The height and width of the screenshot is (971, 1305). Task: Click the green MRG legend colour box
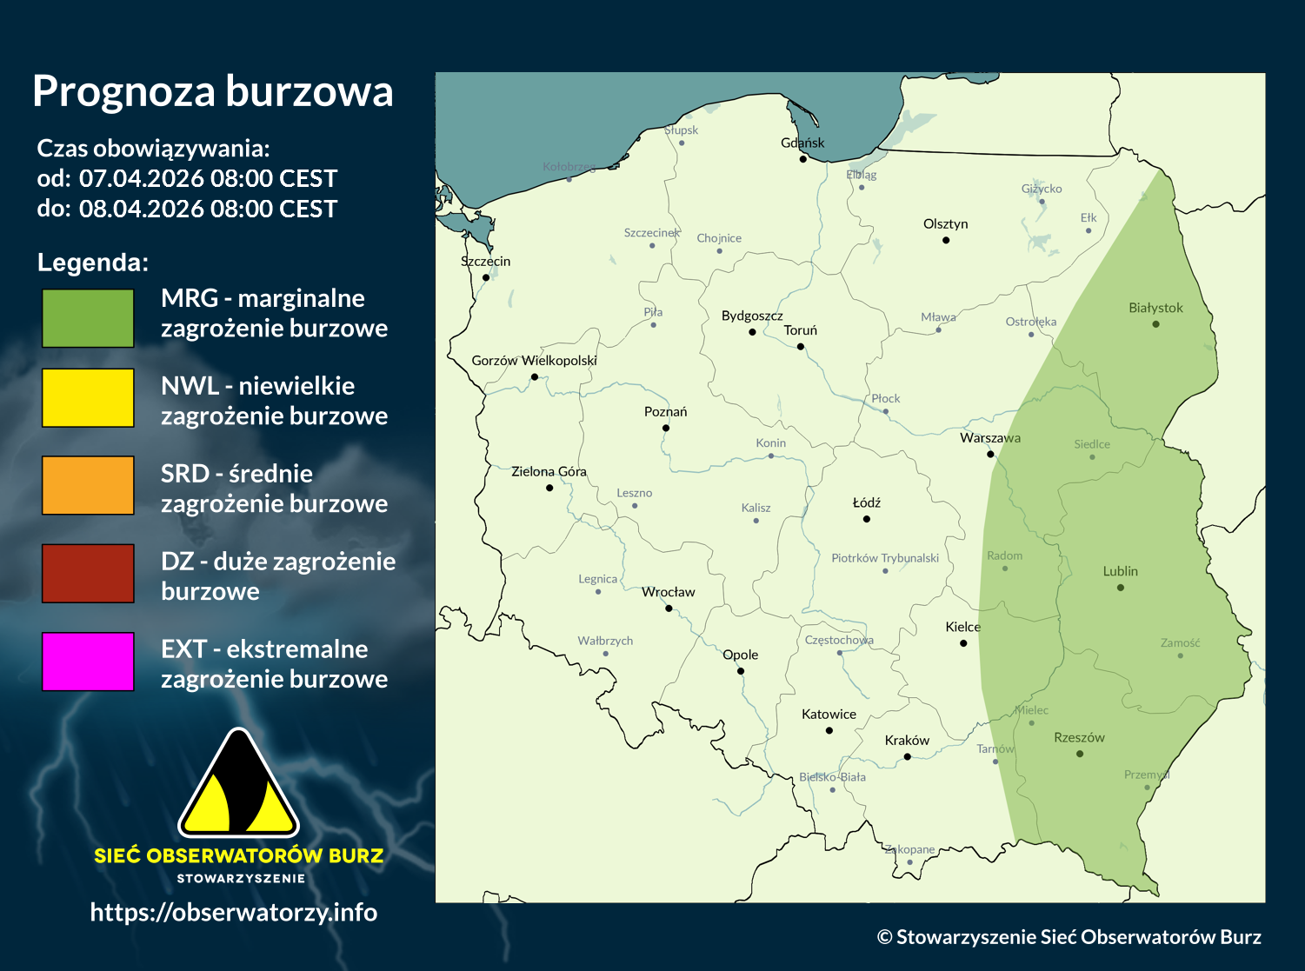tap(88, 318)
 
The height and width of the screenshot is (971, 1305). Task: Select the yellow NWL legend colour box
tap(88, 397)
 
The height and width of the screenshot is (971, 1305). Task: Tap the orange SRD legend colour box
tap(88, 485)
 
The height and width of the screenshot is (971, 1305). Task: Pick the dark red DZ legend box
tap(88, 573)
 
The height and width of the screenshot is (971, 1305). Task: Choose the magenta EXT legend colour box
tap(88, 662)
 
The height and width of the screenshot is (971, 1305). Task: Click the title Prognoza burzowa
tap(213, 91)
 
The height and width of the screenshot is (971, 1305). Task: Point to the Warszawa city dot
tap(990, 454)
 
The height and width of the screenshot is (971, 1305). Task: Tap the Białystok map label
tap(1155, 308)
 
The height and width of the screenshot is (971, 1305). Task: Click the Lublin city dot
tap(1121, 588)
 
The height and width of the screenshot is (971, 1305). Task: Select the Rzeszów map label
tap(1079, 737)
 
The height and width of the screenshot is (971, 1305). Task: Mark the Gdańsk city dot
tap(803, 159)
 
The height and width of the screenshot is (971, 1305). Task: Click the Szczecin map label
tap(485, 261)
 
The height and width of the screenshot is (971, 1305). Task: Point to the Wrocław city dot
tap(669, 609)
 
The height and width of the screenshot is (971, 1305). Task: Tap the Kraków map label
tap(907, 741)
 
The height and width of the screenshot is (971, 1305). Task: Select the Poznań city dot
tap(666, 428)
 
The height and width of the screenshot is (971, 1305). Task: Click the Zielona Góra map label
tap(549, 471)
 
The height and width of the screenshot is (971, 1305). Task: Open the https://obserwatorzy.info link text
tap(234, 912)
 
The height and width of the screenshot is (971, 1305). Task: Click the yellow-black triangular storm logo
tap(238, 784)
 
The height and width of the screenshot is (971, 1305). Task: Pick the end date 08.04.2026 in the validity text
tap(143, 209)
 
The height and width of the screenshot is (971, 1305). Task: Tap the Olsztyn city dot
tap(946, 240)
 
